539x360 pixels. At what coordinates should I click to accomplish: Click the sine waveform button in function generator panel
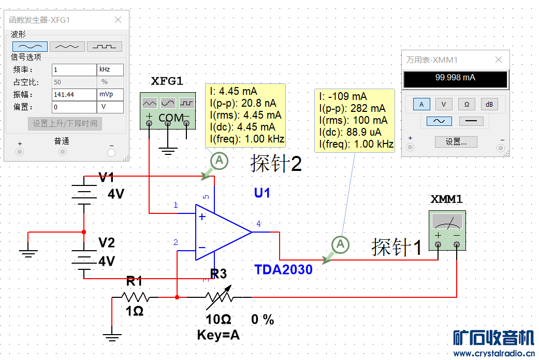30,47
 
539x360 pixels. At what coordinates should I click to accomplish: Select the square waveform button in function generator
105,47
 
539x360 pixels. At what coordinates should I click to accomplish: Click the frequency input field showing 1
74,70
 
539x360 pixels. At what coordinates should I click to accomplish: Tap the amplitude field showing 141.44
74,95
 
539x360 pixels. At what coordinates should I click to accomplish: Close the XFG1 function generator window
118,20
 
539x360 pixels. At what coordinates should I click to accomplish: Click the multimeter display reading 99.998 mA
455,78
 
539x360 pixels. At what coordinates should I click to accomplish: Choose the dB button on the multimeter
489,105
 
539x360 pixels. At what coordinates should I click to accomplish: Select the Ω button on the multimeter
467,105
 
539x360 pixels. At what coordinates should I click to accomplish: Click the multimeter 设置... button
456,142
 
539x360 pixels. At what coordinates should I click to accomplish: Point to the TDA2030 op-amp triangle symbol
220,232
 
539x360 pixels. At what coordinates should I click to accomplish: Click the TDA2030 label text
283,269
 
